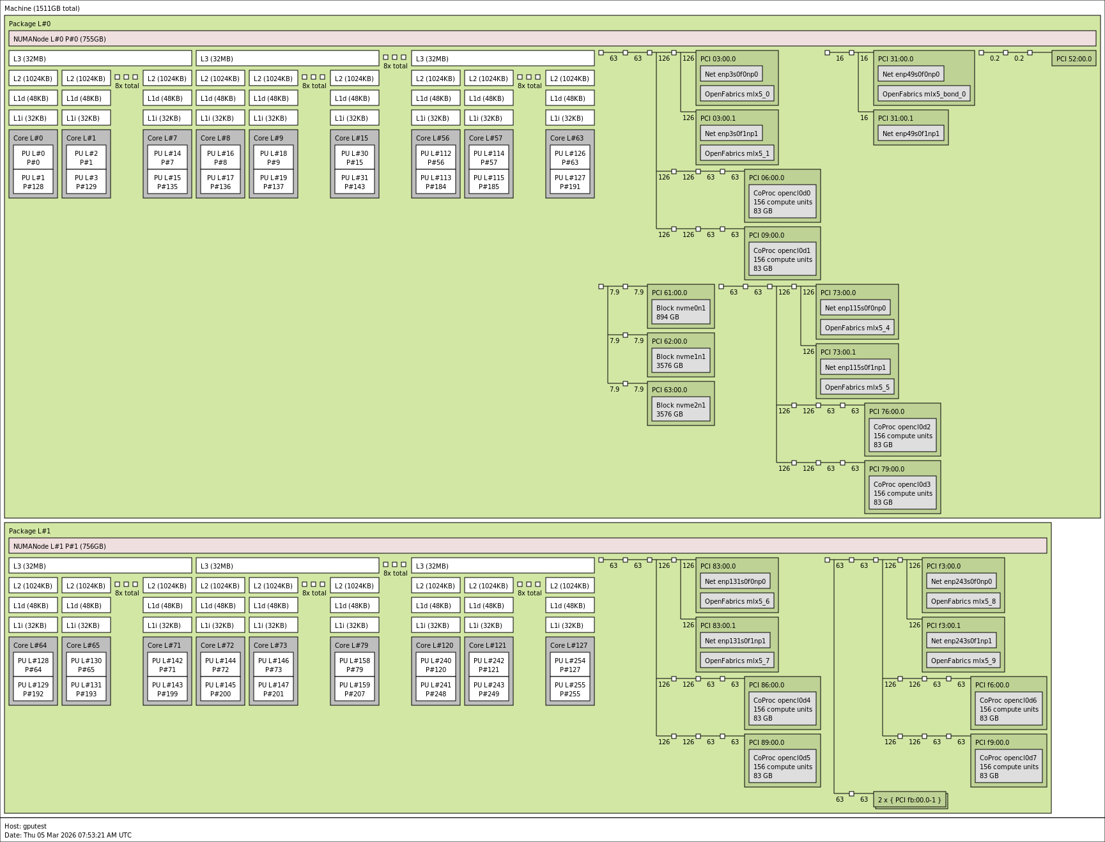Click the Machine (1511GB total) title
(x=42, y=8)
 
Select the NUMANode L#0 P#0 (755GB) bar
(x=552, y=39)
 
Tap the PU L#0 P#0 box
(x=33, y=158)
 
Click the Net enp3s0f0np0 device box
(x=731, y=74)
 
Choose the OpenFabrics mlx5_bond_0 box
(x=924, y=94)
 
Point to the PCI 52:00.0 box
(x=1074, y=59)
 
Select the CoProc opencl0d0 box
(x=782, y=202)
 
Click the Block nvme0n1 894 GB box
(x=681, y=312)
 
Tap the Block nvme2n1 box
(x=681, y=410)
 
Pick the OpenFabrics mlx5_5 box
(x=857, y=387)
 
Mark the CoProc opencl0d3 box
(x=902, y=493)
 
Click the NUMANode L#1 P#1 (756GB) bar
(x=528, y=546)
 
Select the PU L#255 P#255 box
(x=570, y=689)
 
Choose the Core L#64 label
(x=30, y=645)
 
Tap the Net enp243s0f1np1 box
(x=961, y=641)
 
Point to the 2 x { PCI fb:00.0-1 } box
(x=909, y=800)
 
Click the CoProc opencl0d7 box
(x=1008, y=767)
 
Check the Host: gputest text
(x=26, y=826)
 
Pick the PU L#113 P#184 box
(x=436, y=182)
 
